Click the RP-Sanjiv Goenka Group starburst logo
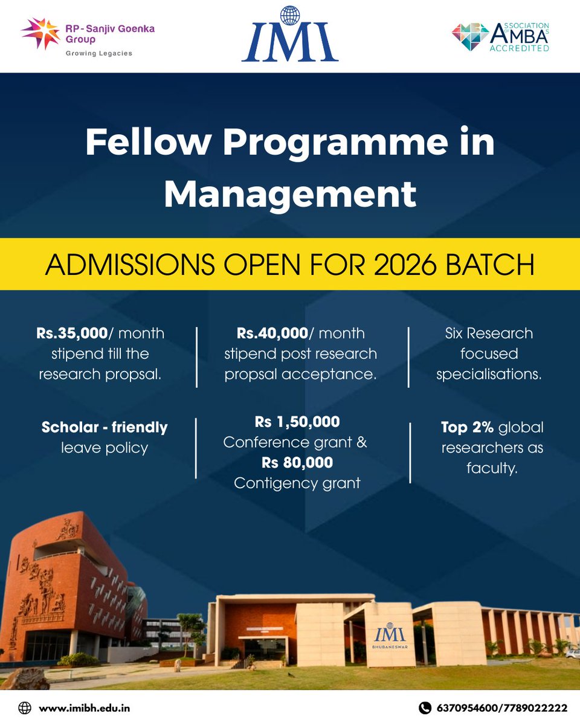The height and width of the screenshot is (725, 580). click(x=40, y=34)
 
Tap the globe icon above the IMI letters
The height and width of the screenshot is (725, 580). click(x=290, y=16)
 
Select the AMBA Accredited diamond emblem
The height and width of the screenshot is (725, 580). click(x=469, y=37)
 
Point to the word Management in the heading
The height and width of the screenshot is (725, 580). click(x=290, y=193)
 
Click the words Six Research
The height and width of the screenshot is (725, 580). click(x=489, y=333)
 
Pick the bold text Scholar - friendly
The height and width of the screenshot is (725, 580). click(x=105, y=428)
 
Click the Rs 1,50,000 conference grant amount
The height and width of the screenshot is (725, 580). click(x=297, y=421)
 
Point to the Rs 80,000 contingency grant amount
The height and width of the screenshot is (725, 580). click(x=297, y=462)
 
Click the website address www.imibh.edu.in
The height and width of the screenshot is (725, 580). click(x=84, y=707)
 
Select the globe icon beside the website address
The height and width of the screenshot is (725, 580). click(x=25, y=707)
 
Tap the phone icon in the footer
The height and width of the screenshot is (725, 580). click(x=425, y=707)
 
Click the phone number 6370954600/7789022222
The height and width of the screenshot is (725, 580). click(x=502, y=707)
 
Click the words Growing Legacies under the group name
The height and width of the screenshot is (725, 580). click(x=98, y=53)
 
